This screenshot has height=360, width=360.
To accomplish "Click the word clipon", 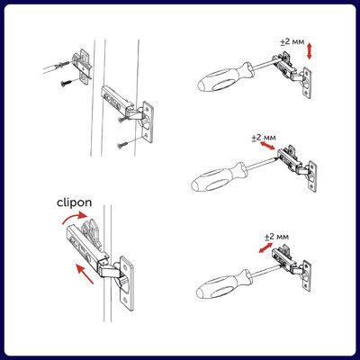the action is (74, 203).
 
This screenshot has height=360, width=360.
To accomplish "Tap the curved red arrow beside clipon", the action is (75, 217).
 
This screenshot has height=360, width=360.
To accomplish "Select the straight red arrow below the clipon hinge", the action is (85, 273).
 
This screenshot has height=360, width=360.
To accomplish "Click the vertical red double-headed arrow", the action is (310, 51).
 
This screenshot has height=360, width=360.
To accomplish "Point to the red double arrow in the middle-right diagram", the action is (267, 146).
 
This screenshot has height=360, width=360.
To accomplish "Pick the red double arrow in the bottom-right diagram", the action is (265, 247).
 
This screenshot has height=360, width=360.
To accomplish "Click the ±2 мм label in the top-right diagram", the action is (292, 42).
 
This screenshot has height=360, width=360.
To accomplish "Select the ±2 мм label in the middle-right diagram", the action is (264, 138).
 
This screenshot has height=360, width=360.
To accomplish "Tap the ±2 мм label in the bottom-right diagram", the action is (276, 237).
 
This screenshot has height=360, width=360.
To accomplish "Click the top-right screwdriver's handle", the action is (226, 77).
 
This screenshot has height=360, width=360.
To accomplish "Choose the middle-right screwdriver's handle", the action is (220, 177).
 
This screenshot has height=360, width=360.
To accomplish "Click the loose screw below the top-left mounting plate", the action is (67, 83).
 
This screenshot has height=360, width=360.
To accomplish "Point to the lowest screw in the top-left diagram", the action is (122, 145).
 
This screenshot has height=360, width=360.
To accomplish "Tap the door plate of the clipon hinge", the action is (127, 283).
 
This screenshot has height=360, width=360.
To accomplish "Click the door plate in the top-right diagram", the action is (307, 83).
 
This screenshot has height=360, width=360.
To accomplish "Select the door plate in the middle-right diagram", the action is (312, 176).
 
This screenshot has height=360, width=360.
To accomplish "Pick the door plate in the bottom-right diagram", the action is (306, 275).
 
